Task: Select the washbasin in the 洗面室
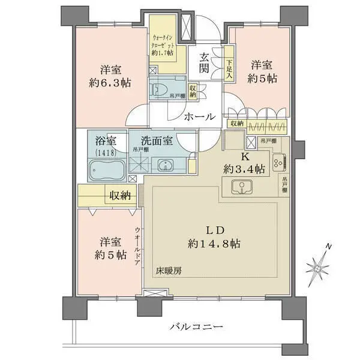pyautogui.click(x=164, y=166)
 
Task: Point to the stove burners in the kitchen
pyautogui.click(x=280, y=161)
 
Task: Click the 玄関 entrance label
pyautogui.click(x=205, y=62)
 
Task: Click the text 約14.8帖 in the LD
pyautogui.click(x=214, y=244)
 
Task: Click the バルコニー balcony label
pyautogui.click(x=196, y=327)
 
